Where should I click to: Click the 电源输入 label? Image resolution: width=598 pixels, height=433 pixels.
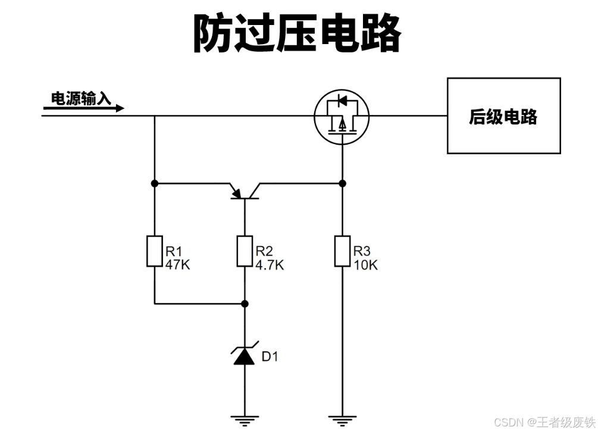pos(81,98)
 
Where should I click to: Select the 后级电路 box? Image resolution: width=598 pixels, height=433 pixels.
pos(503,116)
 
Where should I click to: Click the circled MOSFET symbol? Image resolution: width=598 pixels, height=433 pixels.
pos(342,116)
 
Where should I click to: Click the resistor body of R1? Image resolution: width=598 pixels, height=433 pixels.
pos(154,251)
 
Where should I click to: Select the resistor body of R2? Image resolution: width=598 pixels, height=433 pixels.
pos(245,251)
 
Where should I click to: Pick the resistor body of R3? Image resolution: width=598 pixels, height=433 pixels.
pos(342,251)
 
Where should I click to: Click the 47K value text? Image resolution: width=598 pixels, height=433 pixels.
pos(177,265)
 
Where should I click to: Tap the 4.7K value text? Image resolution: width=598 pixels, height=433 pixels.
pos(270,265)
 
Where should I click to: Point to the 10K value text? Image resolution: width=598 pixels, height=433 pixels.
pos(365,265)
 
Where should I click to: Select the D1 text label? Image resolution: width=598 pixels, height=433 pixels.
pos(270,357)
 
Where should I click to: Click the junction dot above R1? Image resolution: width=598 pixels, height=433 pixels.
pos(154,183)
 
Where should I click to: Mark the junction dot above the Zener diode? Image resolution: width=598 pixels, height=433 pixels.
pos(245,304)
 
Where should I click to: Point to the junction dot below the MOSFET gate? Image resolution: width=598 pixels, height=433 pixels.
pos(342,183)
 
